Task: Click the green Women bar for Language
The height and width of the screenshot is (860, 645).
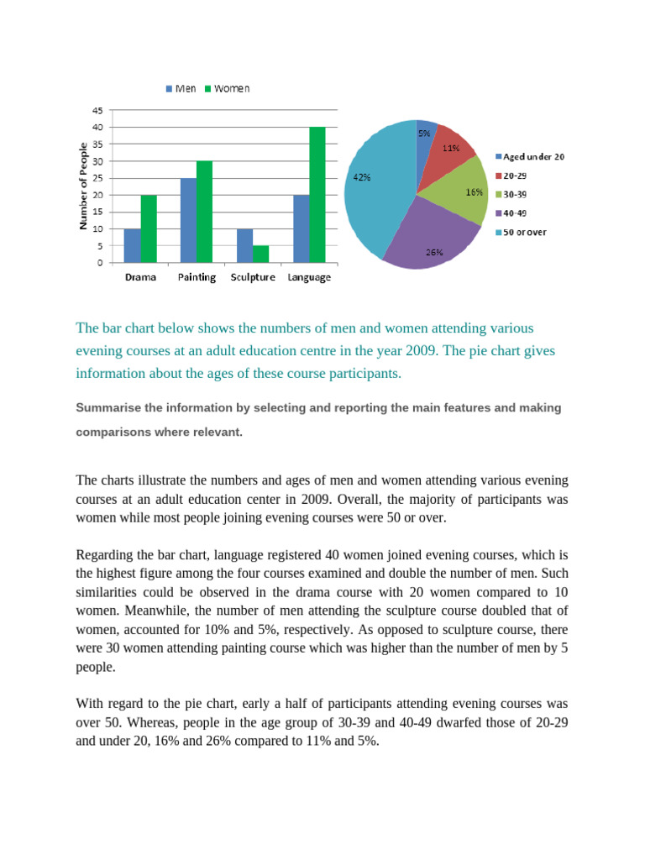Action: coord(317,195)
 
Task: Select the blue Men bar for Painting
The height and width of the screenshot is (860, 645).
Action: coord(188,220)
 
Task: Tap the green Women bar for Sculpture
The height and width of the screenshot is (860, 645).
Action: coord(261,254)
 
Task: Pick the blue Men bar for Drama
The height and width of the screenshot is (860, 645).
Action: coord(132,245)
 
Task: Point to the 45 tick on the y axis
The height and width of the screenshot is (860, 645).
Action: coord(97,110)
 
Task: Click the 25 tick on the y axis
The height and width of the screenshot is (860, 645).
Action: coord(97,178)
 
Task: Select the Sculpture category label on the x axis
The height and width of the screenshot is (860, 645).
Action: coord(253,278)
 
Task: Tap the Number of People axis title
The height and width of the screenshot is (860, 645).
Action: coord(83,186)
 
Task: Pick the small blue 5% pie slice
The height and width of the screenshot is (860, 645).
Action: coord(425,134)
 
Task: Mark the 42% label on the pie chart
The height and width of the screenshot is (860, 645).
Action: coord(362,177)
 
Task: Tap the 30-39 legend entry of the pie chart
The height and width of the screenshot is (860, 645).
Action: coord(517,194)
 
